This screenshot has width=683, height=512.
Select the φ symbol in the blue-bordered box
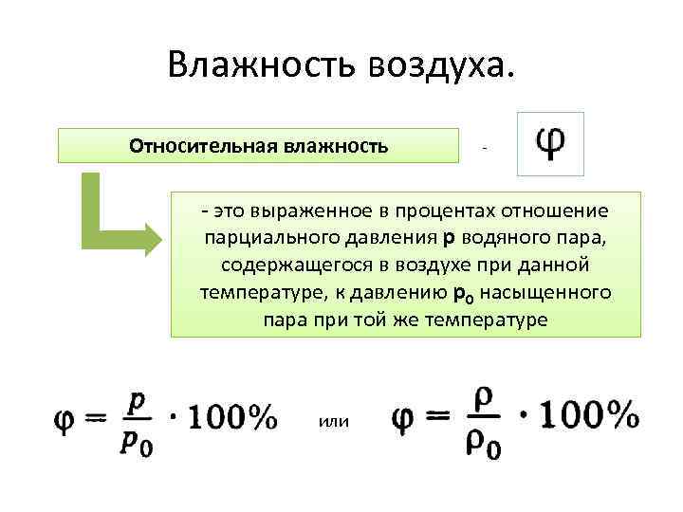point(550,143)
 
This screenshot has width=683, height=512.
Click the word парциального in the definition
point(263,236)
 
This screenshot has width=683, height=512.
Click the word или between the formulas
point(334,421)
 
